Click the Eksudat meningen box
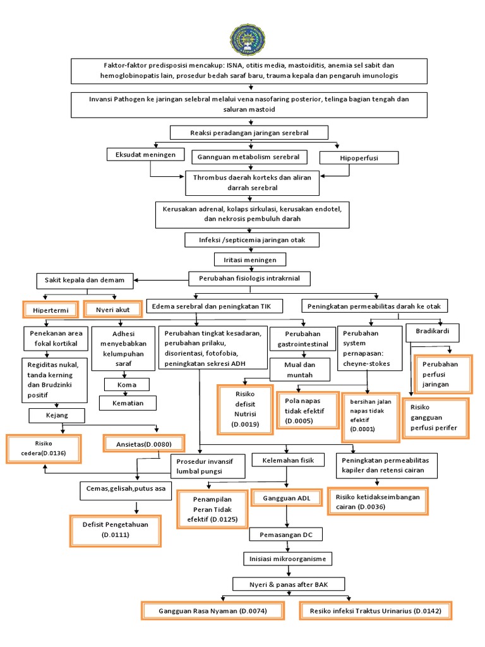click(x=145, y=154)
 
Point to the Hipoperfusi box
click(x=359, y=158)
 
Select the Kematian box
click(x=128, y=402)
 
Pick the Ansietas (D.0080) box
click(x=145, y=443)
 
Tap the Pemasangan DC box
click(x=287, y=535)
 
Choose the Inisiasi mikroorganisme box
click(x=287, y=559)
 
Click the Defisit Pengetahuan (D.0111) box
click(x=115, y=529)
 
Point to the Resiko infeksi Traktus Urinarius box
click(x=376, y=611)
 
